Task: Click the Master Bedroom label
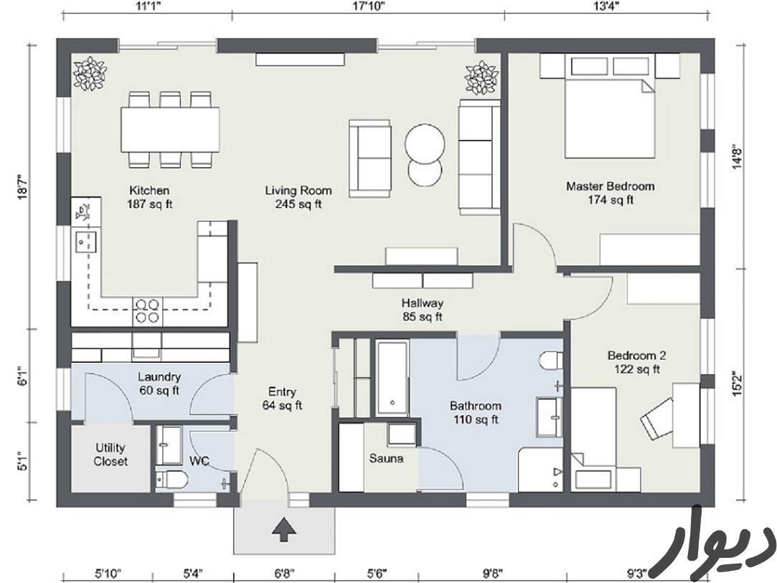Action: [x=610, y=186]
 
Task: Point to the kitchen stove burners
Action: [x=147, y=311]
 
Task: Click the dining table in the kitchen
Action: [x=170, y=131]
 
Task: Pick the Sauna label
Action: [x=386, y=459]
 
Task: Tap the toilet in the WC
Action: [x=171, y=480]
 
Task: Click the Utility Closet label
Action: [x=110, y=455]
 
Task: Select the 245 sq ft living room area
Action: [x=298, y=204]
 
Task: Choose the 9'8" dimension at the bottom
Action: [x=492, y=574]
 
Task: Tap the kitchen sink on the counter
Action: [x=85, y=241]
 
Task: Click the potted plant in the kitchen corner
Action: [x=90, y=74]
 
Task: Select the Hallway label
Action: [x=422, y=303]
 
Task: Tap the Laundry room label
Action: [x=159, y=377]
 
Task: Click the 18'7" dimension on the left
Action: [x=22, y=186]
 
